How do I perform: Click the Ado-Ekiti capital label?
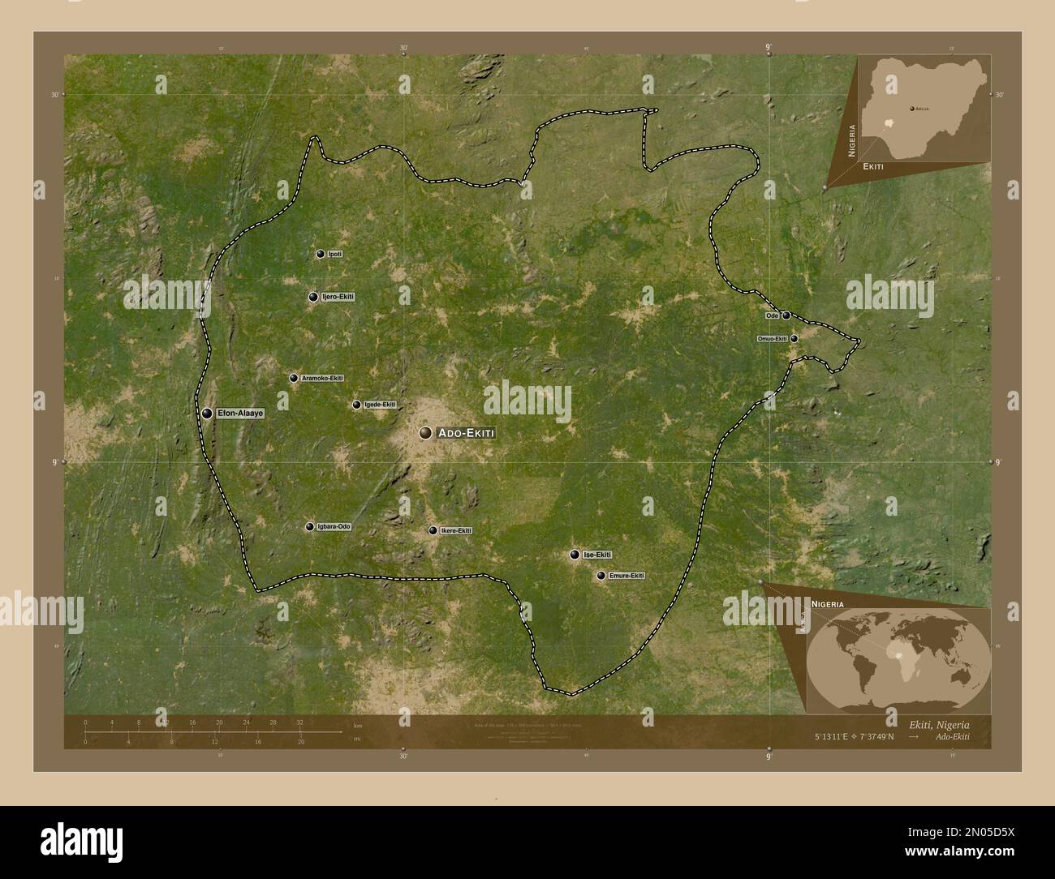pos(465,434)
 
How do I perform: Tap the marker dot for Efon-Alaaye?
pos(208,414)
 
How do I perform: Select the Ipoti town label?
pos(334,255)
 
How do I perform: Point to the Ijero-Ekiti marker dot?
pos(313,297)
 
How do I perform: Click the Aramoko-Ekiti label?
pos(322,379)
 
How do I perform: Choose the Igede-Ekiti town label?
pos(380,405)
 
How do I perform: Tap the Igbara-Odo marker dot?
pos(309,527)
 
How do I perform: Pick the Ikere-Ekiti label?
pos(455,531)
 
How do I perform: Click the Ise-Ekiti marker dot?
pos(575,555)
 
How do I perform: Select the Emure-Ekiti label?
pos(627,576)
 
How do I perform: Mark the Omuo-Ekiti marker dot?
pos(794,339)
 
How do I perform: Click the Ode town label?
pos(772,315)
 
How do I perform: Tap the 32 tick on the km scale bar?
pos(299,722)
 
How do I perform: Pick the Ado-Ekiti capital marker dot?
pos(425,434)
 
